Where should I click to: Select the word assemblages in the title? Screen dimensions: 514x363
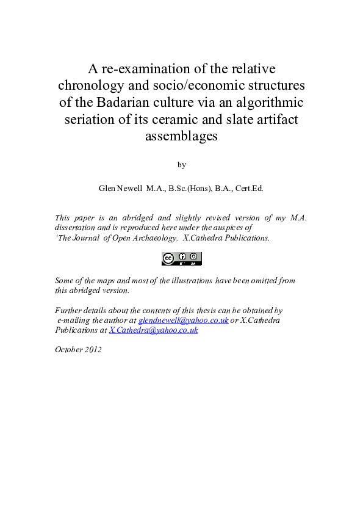(181, 136)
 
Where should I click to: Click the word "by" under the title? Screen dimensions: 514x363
(181, 165)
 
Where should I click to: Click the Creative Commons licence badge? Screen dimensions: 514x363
(181, 259)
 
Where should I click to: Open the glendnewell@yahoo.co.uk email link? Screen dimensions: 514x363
(183, 320)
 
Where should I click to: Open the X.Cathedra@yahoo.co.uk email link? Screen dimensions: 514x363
(153, 330)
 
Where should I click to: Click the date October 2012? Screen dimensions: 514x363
(78, 350)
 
